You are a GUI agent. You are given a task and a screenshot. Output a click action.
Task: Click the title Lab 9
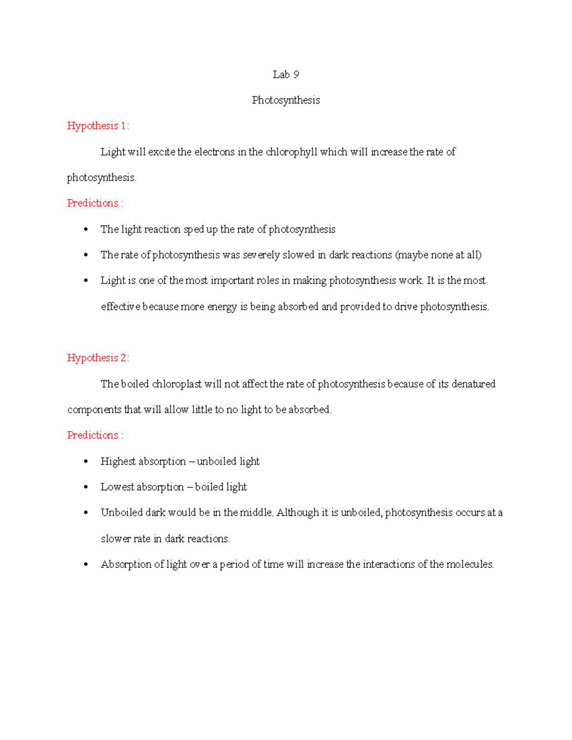[x=286, y=74]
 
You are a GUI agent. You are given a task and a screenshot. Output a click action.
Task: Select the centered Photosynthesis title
[x=286, y=100]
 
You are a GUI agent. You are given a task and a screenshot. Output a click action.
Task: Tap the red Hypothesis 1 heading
[x=98, y=126]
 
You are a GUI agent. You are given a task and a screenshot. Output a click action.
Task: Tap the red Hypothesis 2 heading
[x=98, y=358]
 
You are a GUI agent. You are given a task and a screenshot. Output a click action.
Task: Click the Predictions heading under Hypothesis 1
[x=95, y=203]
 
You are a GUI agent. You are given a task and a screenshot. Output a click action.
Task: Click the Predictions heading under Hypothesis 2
[x=95, y=435]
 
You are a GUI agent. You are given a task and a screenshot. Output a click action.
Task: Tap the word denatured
[x=473, y=384]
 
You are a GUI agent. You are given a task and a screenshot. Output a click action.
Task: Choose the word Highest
[x=118, y=461]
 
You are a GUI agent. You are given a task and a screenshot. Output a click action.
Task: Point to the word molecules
[x=470, y=564]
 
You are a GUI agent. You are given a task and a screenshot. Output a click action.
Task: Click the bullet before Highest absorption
[x=86, y=462]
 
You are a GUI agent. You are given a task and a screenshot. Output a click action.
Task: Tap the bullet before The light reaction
[x=86, y=230]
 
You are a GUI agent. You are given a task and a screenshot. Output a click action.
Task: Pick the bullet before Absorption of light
[x=86, y=565]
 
